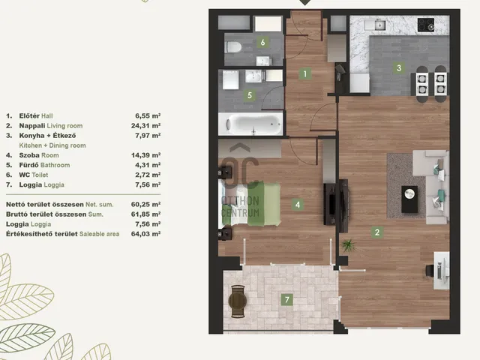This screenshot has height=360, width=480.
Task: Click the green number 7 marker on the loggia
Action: [x=286, y=299]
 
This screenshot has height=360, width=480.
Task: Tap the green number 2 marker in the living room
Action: [x=376, y=232]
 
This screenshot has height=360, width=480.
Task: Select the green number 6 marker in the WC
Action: [x=262, y=42]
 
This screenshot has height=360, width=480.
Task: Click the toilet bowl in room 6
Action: [x=233, y=47]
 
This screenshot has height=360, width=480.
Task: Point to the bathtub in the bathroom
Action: [x=250, y=124]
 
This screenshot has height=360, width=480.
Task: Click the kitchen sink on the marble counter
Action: [x=379, y=25]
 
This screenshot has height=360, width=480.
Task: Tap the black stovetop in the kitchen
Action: [x=426, y=25]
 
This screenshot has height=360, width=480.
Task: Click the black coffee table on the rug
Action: [x=409, y=199]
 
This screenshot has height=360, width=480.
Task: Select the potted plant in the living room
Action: [x=349, y=245]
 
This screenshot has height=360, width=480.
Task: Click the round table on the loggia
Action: [x=238, y=301]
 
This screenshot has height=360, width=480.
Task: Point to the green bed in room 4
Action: [x=250, y=204]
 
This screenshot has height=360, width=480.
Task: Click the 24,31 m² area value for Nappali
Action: [x=145, y=125]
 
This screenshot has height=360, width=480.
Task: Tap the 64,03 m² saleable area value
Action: [x=145, y=234]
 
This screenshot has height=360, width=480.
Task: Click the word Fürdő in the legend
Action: [x=28, y=165]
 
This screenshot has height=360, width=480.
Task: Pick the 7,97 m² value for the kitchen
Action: [x=148, y=135]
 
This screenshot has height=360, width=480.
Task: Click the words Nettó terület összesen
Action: [x=45, y=204]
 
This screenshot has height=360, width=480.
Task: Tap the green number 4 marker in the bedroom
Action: [x=298, y=205]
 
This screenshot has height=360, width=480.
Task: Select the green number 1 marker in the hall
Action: [x=305, y=73]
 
